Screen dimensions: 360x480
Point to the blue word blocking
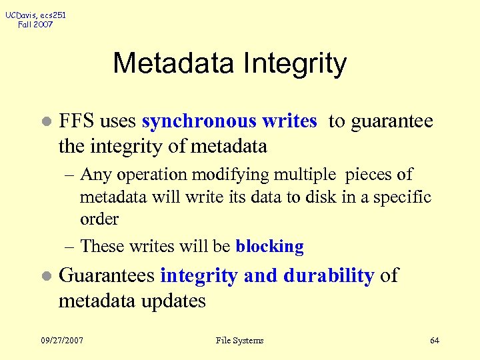pos(269,247)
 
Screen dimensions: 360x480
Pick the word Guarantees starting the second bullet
pos(107,275)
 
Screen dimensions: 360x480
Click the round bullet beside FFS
pos(45,123)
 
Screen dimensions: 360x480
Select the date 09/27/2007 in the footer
pos(62,341)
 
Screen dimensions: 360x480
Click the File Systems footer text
pos(240,341)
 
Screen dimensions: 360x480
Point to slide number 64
pos(435,341)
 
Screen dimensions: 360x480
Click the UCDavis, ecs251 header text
pos(36,15)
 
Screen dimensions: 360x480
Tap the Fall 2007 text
pos(36,25)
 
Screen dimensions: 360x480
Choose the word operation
pos(151,175)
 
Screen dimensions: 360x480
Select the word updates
pos(174,301)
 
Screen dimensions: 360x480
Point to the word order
pos(99,219)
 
